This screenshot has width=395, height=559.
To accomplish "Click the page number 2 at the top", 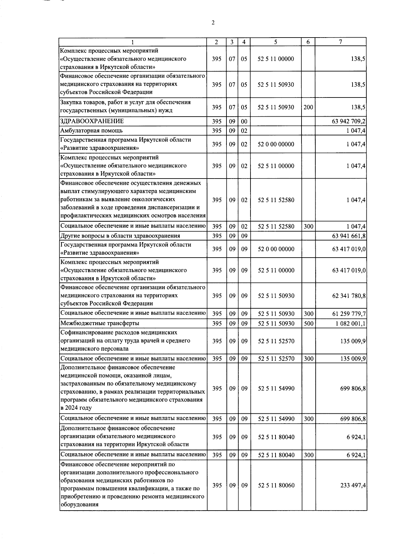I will [213, 23].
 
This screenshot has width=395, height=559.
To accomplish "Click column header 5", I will [276, 42].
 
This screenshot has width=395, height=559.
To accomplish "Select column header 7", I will [341, 42].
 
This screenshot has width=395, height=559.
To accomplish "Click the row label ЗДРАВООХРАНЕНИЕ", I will [92, 121].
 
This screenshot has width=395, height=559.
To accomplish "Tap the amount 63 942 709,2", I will [349, 121].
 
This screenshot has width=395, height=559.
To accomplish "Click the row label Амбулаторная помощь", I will [92, 130].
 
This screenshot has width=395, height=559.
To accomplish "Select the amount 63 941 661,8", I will [349, 236].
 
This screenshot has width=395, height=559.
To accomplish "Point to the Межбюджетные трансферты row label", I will [100, 323].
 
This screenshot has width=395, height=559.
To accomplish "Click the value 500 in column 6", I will [308, 323].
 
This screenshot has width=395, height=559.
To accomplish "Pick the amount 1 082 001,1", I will [350, 323].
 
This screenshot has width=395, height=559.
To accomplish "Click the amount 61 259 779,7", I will [349, 314].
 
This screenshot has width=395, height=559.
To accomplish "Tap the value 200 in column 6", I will [308, 107].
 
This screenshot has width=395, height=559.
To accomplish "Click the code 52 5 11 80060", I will [276, 485].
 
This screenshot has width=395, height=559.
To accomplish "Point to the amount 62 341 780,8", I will [349, 296].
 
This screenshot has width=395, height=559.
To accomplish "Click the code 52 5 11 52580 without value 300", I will [276, 200].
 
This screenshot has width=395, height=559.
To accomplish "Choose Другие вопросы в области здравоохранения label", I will [120, 236].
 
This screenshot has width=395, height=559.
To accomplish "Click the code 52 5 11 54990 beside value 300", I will [276, 419].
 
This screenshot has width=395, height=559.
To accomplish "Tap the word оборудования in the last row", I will [79, 504].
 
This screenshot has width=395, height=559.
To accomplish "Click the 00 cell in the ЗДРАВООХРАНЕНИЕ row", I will [244, 121].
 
